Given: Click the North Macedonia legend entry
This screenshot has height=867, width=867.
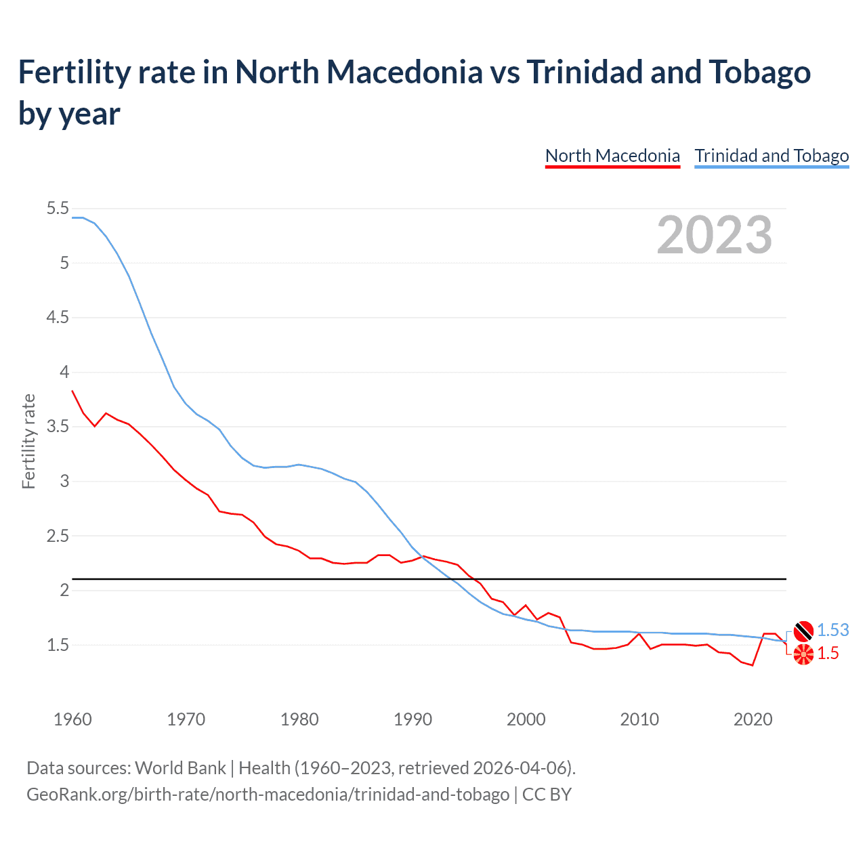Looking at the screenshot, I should [612, 156].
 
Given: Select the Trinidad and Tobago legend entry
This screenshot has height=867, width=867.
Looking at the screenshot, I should [771, 156].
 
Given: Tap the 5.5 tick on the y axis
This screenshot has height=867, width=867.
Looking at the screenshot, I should [58, 209].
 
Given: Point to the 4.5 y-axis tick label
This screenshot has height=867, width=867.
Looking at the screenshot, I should [58, 318].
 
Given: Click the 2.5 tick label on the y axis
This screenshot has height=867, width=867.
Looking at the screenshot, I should [58, 536].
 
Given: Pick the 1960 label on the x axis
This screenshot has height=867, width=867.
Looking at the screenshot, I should [72, 719].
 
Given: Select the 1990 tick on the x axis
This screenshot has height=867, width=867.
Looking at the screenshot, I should [413, 719].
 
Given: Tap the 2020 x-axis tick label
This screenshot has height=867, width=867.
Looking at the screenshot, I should [753, 719].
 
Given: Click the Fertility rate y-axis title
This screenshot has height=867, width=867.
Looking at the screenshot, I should [28, 441].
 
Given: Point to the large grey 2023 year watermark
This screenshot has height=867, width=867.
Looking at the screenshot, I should [715, 235].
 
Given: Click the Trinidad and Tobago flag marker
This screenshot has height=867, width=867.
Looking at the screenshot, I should [803, 631].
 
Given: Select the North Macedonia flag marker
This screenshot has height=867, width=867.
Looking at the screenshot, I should [803, 654].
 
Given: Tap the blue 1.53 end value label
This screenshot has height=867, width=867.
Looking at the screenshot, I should [832, 630].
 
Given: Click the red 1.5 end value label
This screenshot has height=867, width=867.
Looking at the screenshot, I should [828, 653].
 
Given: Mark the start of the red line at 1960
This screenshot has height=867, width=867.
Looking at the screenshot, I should [72, 391].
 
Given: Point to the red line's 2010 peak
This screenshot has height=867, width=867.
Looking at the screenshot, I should [639, 633].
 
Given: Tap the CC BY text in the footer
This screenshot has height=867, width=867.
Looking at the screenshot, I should [547, 794].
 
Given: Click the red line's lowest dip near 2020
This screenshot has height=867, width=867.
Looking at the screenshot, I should [752, 665].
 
